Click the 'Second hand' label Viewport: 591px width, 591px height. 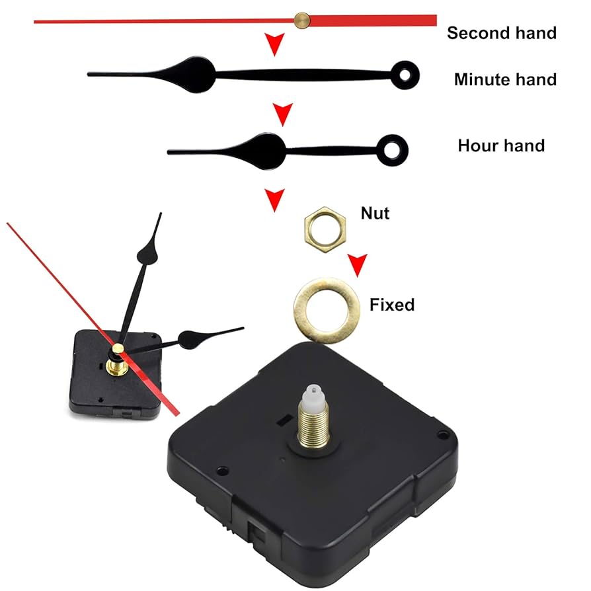click(502, 32)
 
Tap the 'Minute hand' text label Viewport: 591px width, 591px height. click(505, 80)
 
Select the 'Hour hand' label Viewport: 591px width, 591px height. click(501, 145)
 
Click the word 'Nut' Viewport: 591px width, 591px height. click(375, 213)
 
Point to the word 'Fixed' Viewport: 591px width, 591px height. click(392, 305)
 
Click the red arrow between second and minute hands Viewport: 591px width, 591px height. click(273, 46)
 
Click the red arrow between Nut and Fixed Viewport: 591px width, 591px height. click(358, 265)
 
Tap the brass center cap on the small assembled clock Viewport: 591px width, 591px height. click(118, 348)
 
